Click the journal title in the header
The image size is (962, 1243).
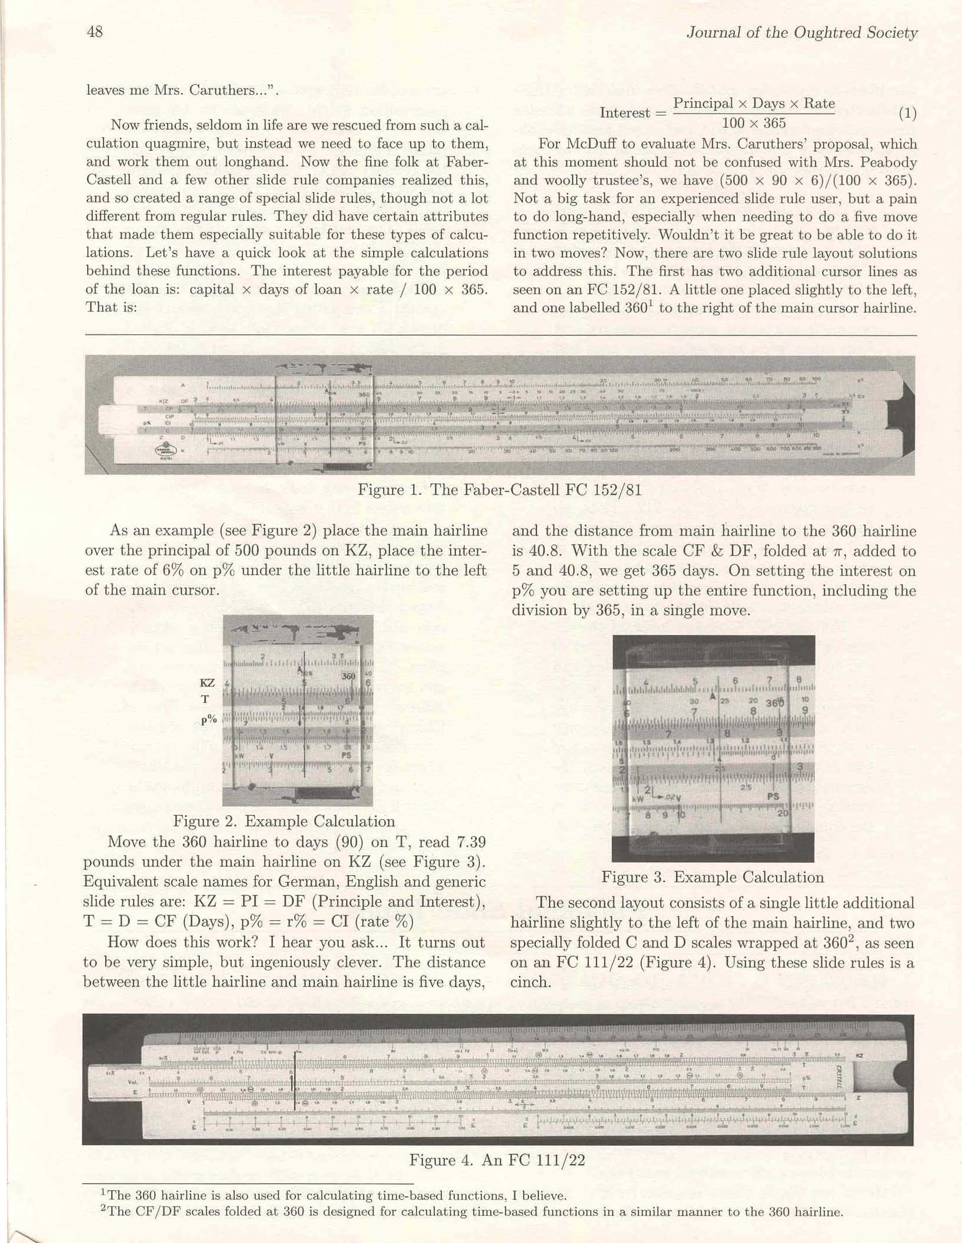tap(801, 33)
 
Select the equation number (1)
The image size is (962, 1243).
tap(907, 113)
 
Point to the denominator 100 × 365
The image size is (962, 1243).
tap(754, 123)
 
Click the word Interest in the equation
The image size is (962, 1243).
tap(625, 113)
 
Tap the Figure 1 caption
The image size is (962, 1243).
tap(500, 490)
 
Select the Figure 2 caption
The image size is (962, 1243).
tap(284, 821)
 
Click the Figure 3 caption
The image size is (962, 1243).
tap(712, 877)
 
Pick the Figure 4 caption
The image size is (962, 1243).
tap(497, 1160)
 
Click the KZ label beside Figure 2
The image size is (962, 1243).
tap(207, 683)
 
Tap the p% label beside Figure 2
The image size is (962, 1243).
tap(208, 720)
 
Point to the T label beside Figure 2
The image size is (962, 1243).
tap(205, 699)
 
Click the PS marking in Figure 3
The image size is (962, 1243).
tap(773, 796)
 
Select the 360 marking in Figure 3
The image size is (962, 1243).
tap(775, 703)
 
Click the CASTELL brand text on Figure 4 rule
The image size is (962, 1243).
tap(840, 1078)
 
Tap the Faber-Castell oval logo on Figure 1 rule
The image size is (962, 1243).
tap(163, 450)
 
